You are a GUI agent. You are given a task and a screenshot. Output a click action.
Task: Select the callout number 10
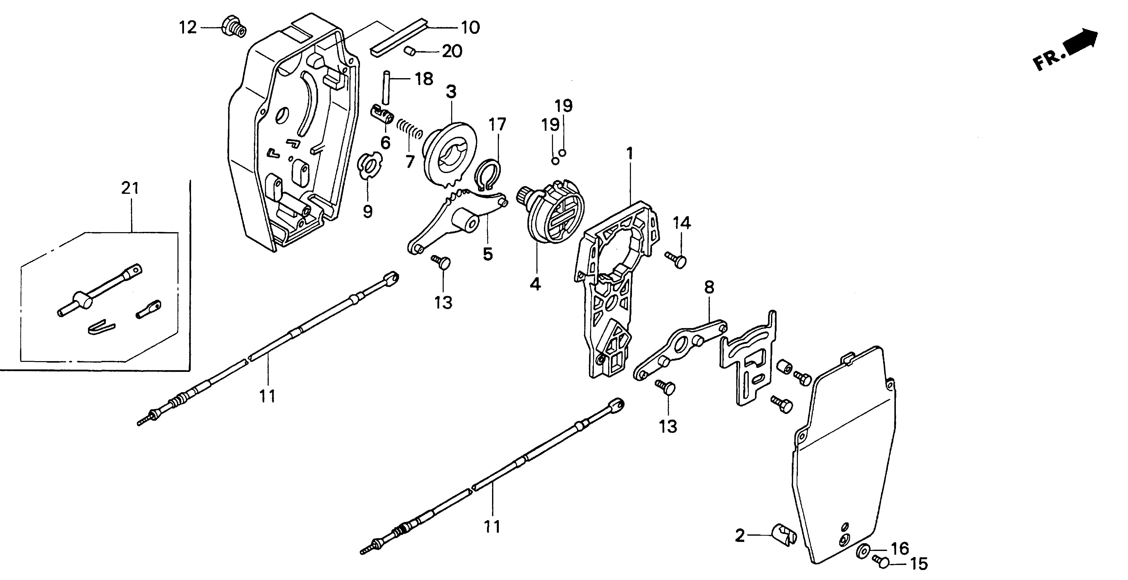pos(470,28)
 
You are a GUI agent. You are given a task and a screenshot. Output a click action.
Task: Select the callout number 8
pos(709,287)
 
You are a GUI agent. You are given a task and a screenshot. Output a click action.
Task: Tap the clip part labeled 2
pos(783,534)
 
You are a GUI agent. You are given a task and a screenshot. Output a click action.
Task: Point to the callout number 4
pos(535,285)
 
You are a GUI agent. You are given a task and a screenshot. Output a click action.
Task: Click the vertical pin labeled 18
pos(386,87)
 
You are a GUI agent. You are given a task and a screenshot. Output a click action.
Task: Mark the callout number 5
pos(488,254)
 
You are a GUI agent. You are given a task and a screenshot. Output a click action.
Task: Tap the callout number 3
pos(451,92)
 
